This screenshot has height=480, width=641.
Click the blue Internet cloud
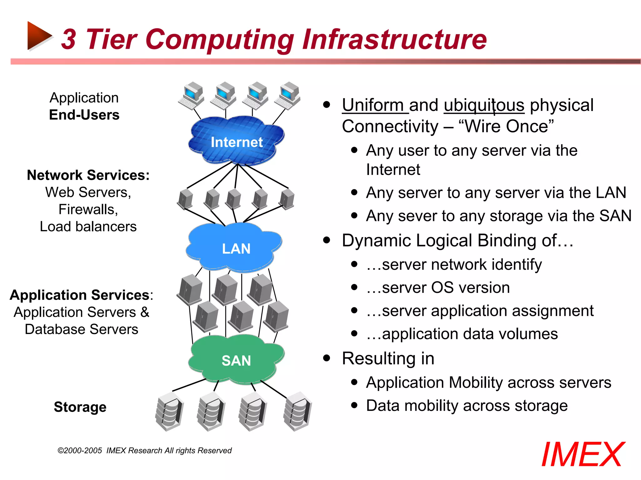point(236,141)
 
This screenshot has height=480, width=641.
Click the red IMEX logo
point(583,455)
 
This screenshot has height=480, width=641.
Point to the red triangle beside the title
point(38,36)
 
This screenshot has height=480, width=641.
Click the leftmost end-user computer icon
point(192,96)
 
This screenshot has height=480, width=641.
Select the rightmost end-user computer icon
point(288,96)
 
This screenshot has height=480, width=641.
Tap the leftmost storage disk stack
point(169,412)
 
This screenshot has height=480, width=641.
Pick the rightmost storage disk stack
point(298,412)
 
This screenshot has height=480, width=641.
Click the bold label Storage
point(80,407)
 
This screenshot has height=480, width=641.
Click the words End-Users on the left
point(84,115)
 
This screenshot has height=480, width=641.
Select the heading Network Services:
point(88,175)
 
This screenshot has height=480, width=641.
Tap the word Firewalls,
point(88,209)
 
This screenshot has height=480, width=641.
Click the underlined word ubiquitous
point(484,105)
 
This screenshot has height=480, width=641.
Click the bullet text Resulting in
point(388,358)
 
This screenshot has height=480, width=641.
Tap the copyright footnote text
point(145,451)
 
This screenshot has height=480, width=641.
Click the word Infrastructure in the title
point(394,39)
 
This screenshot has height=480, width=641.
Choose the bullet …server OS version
point(438,287)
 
